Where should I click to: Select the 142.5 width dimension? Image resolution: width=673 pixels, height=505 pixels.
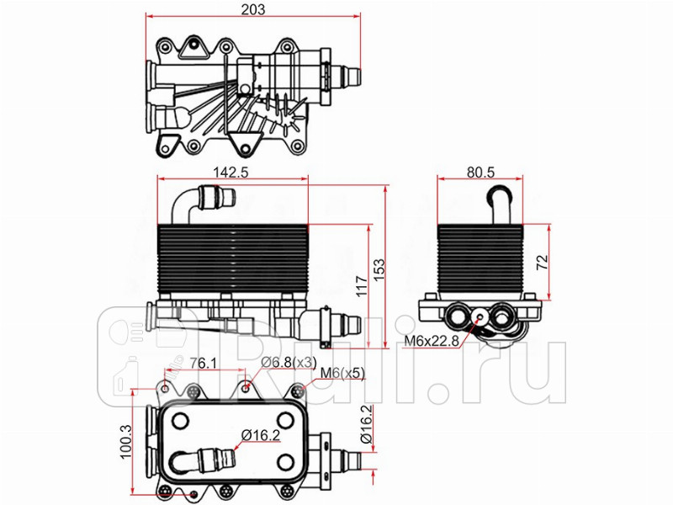232,172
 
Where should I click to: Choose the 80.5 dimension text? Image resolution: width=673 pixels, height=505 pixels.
480,172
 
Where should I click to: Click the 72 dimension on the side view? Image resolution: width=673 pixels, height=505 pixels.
543,261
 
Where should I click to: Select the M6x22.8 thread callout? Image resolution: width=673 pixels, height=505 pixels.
430,341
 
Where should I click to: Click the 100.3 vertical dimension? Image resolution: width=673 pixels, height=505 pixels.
125,440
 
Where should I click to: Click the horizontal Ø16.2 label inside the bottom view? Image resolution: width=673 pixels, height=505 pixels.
260,434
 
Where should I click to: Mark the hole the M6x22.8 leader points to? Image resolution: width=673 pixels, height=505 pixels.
480,317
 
